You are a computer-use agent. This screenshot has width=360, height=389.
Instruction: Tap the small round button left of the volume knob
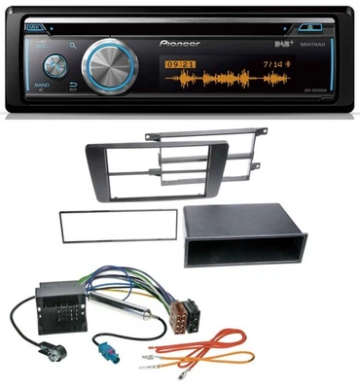pos(54,65)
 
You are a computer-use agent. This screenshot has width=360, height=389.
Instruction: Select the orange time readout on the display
pos(178,66)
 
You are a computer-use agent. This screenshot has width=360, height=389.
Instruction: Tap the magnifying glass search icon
pos(73,44)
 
